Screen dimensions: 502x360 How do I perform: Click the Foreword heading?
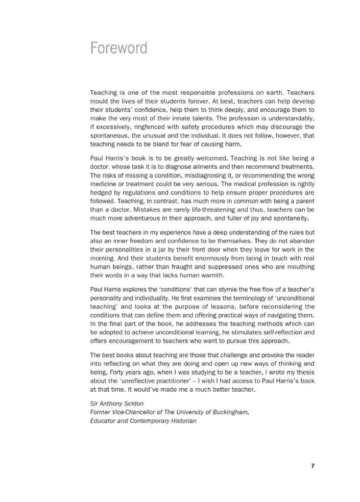click(x=119, y=49)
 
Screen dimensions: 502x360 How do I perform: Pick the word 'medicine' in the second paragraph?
click(x=104, y=184)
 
